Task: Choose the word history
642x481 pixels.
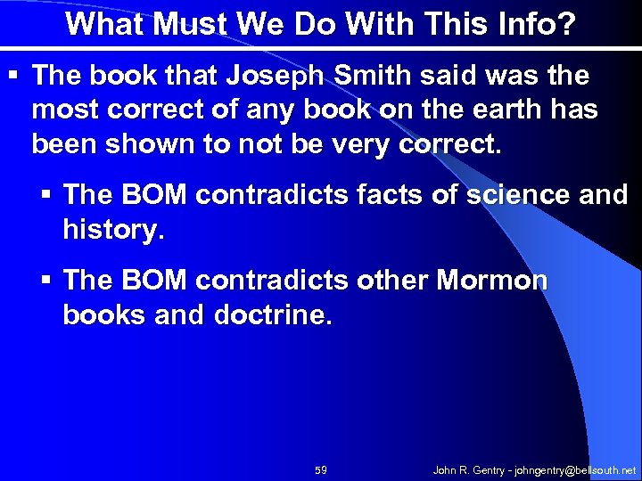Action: coord(112,229)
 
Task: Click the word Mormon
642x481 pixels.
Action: coord(492,281)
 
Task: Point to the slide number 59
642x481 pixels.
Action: coord(321,469)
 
